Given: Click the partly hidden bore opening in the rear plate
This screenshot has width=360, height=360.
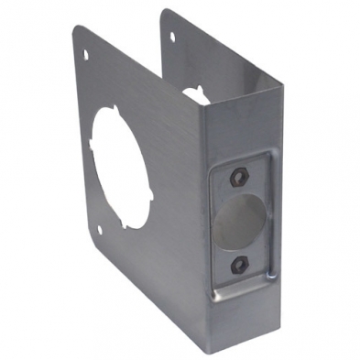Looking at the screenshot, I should [x=195, y=93].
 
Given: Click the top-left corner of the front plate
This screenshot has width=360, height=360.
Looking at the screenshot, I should [x=75, y=27].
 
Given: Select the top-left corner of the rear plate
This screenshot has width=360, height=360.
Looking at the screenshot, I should [x=162, y=11].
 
